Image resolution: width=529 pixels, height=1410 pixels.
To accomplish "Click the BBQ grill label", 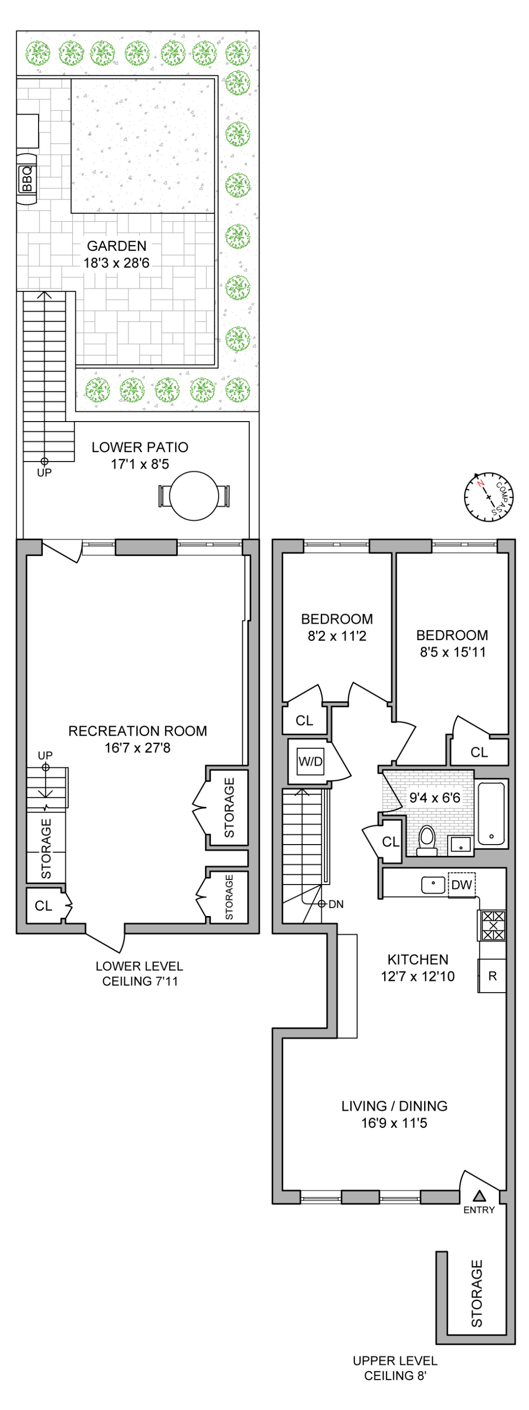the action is tap(27, 179).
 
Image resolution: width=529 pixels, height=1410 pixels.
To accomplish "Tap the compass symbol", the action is tap(488, 496).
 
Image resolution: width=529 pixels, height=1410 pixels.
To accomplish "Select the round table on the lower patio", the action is tap(194, 496).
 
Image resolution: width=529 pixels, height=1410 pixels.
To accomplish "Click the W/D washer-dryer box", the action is tap(310, 761).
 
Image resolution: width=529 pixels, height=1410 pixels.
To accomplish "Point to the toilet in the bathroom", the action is tap(427, 840).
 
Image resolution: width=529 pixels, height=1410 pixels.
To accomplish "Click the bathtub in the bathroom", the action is tap(491, 814).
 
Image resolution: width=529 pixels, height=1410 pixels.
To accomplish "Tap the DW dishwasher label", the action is tap(462, 885).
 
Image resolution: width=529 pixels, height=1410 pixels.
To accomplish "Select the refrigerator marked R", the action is tap(492, 976).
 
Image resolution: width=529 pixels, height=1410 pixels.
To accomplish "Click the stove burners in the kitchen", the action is tap(493, 926).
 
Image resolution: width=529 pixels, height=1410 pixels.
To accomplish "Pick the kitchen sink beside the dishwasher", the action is tap(433, 885).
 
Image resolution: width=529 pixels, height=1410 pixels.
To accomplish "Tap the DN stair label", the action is tap(336, 904).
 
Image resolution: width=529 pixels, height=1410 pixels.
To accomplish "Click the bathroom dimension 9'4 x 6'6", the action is tap(435, 797).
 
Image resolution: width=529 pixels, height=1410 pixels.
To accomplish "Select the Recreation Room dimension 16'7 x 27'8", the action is tap(137, 748).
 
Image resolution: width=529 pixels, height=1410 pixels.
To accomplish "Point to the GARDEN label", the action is tap(117, 246).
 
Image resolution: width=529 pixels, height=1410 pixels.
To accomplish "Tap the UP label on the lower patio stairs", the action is tap(44, 473).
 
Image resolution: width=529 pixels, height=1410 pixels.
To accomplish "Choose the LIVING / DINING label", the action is tap(394, 1106).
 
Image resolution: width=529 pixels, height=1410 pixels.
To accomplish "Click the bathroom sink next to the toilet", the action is tap(460, 845).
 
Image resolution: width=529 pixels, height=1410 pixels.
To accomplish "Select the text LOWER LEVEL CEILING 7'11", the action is tap(140, 974).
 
